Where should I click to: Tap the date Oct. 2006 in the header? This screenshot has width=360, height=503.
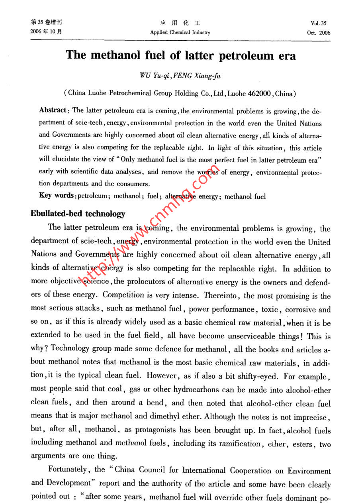click(x=319, y=33)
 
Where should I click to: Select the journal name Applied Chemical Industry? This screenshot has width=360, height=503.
click(x=180, y=33)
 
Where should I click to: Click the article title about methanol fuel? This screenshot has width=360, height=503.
click(x=181, y=55)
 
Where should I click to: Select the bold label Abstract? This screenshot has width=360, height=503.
click(x=54, y=110)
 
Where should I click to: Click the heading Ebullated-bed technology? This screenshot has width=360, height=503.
click(x=78, y=214)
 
